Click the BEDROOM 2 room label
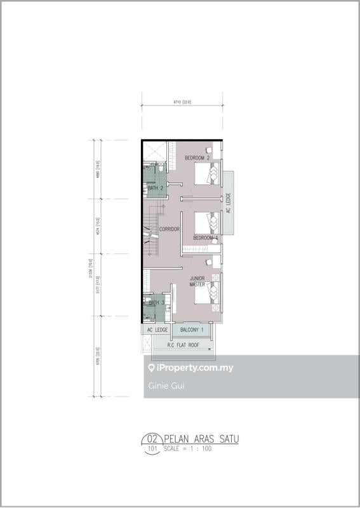pyautogui.click(x=197, y=157)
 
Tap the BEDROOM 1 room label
pyautogui.click(x=206, y=238)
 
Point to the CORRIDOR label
pyautogui.click(x=170, y=229)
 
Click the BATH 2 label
pyautogui.click(x=156, y=189)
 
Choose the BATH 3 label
pyautogui.click(x=156, y=304)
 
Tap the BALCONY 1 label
pyautogui.click(x=192, y=330)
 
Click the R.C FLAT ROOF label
pyautogui.click(x=183, y=345)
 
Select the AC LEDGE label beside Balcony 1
pyautogui.click(x=157, y=330)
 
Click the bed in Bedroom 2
pyautogui.click(x=207, y=173)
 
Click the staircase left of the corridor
pyautogui.click(x=152, y=229)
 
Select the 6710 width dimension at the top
pyautogui.click(x=182, y=102)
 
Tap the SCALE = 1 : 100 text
pyautogui.click(x=188, y=448)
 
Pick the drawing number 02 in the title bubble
pyautogui.click(x=152, y=438)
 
